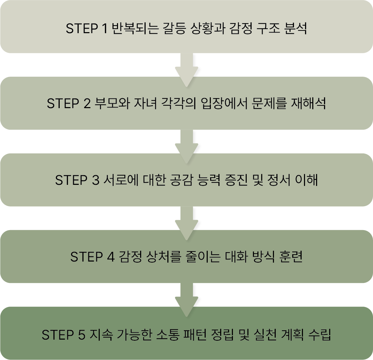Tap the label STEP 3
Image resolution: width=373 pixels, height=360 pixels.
pyautogui.click(x=77, y=180)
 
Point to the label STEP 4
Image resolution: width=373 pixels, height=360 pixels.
pyautogui.click(x=92, y=257)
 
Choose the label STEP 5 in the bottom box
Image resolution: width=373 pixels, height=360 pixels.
pyautogui.click(x=63, y=334)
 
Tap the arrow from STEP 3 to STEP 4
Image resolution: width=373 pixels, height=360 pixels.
pyautogui.click(x=186, y=222)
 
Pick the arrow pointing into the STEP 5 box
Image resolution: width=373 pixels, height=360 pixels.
pyautogui.click(x=186, y=299)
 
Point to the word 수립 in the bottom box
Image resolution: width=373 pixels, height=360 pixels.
pyautogui.click(x=320, y=334)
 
